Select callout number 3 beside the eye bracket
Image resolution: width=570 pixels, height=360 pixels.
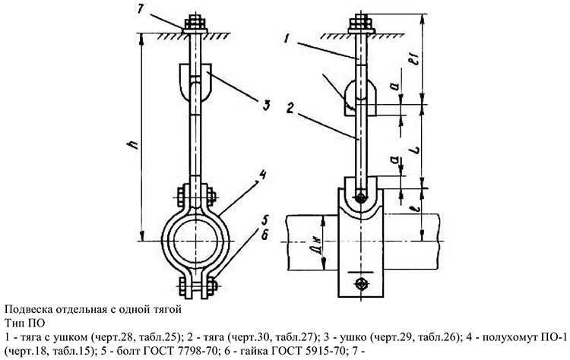[x=266, y=106]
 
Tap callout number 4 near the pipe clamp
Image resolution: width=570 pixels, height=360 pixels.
[x=261, y=175]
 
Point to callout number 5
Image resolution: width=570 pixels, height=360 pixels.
[x=264, y=220]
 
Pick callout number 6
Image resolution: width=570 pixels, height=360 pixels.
[x=264, y=235]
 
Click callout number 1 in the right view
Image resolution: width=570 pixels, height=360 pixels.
[x=287, y=38]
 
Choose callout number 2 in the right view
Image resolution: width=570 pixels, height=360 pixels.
[x=290, y=108]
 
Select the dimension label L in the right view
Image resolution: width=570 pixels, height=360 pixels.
[x=416, y=149]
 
